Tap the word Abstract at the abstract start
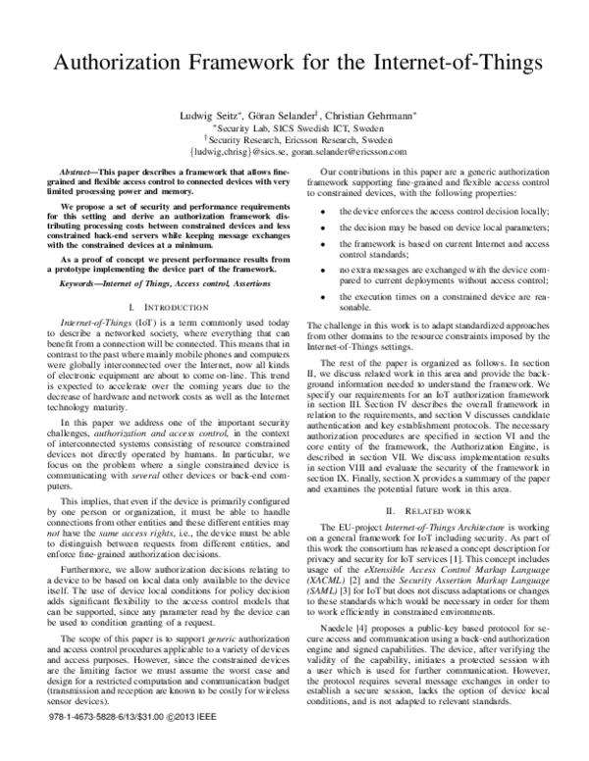tap(81, 171)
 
